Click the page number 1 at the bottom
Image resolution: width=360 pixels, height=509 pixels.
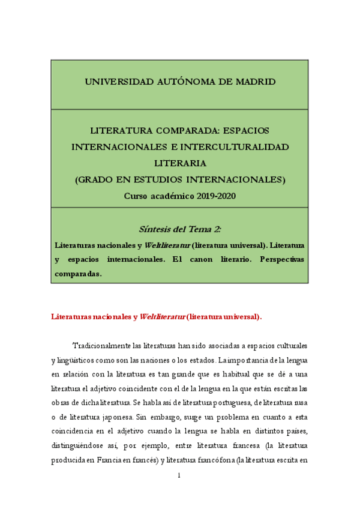click(180, 475)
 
